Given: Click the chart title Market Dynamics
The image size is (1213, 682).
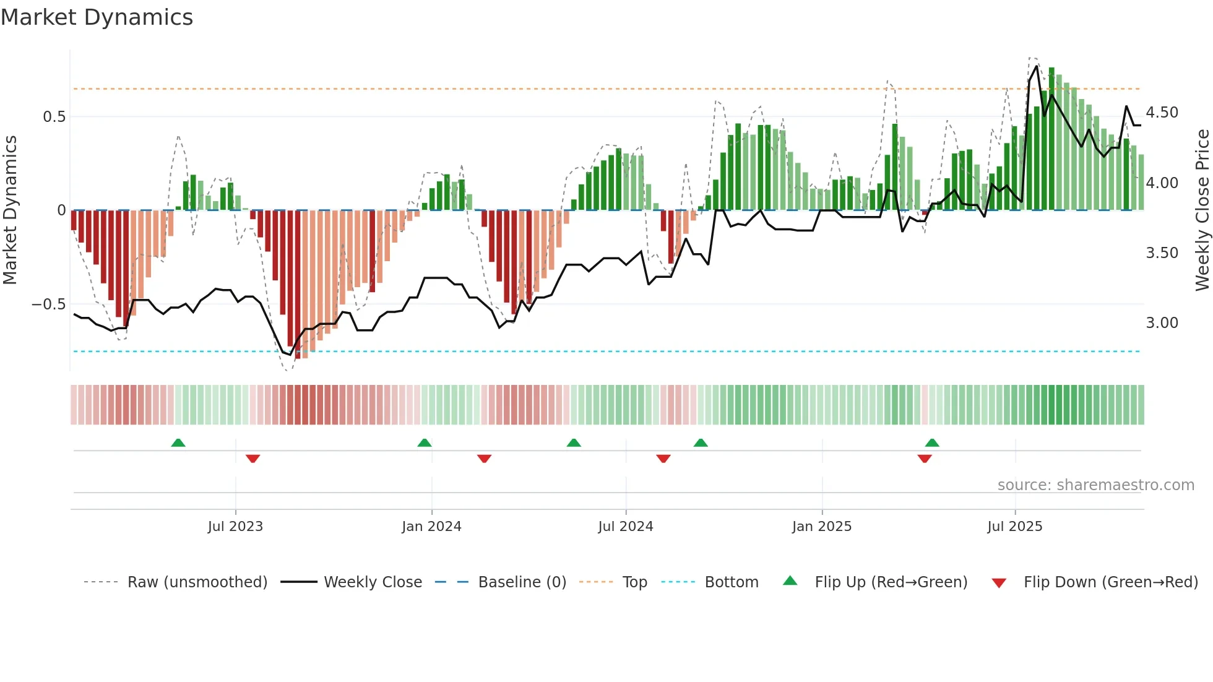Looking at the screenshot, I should click(97, 17).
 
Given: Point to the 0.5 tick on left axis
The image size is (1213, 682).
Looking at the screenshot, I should click(54, 117).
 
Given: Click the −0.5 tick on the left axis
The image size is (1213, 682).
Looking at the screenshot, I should click(49, 304).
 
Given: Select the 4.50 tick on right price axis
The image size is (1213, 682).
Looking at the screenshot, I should click(1162, 113).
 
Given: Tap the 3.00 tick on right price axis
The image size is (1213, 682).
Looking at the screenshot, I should click(1162, 323).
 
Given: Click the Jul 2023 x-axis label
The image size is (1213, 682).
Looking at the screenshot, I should click(235, 527).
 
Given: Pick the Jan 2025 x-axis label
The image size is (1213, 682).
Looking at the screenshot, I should click(821, 527).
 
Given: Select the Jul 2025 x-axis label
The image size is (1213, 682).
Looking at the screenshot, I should click(1014, 527).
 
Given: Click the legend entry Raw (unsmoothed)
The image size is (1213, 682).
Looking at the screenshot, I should click(197, 582).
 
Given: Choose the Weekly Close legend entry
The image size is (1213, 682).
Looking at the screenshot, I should click(373, 582).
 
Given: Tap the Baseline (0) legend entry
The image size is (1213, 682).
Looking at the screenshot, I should click(522, 582).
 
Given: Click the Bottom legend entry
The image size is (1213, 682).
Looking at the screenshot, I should click(731, 582).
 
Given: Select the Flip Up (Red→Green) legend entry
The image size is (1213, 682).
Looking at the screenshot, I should click(891, 582).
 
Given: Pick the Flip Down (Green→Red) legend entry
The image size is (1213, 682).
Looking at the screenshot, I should click(1110, 582).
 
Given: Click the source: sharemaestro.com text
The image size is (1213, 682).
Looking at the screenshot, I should click(1095, 485).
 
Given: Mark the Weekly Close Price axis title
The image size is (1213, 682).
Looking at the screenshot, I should click(1202, 210).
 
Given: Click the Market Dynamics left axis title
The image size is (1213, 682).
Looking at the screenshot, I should click(10, 210).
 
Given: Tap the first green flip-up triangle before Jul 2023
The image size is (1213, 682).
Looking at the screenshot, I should click(178, 442).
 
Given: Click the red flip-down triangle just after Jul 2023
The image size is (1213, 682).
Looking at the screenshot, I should click(253, 459).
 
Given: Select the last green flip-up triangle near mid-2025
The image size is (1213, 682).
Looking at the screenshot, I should click(932, 442).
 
